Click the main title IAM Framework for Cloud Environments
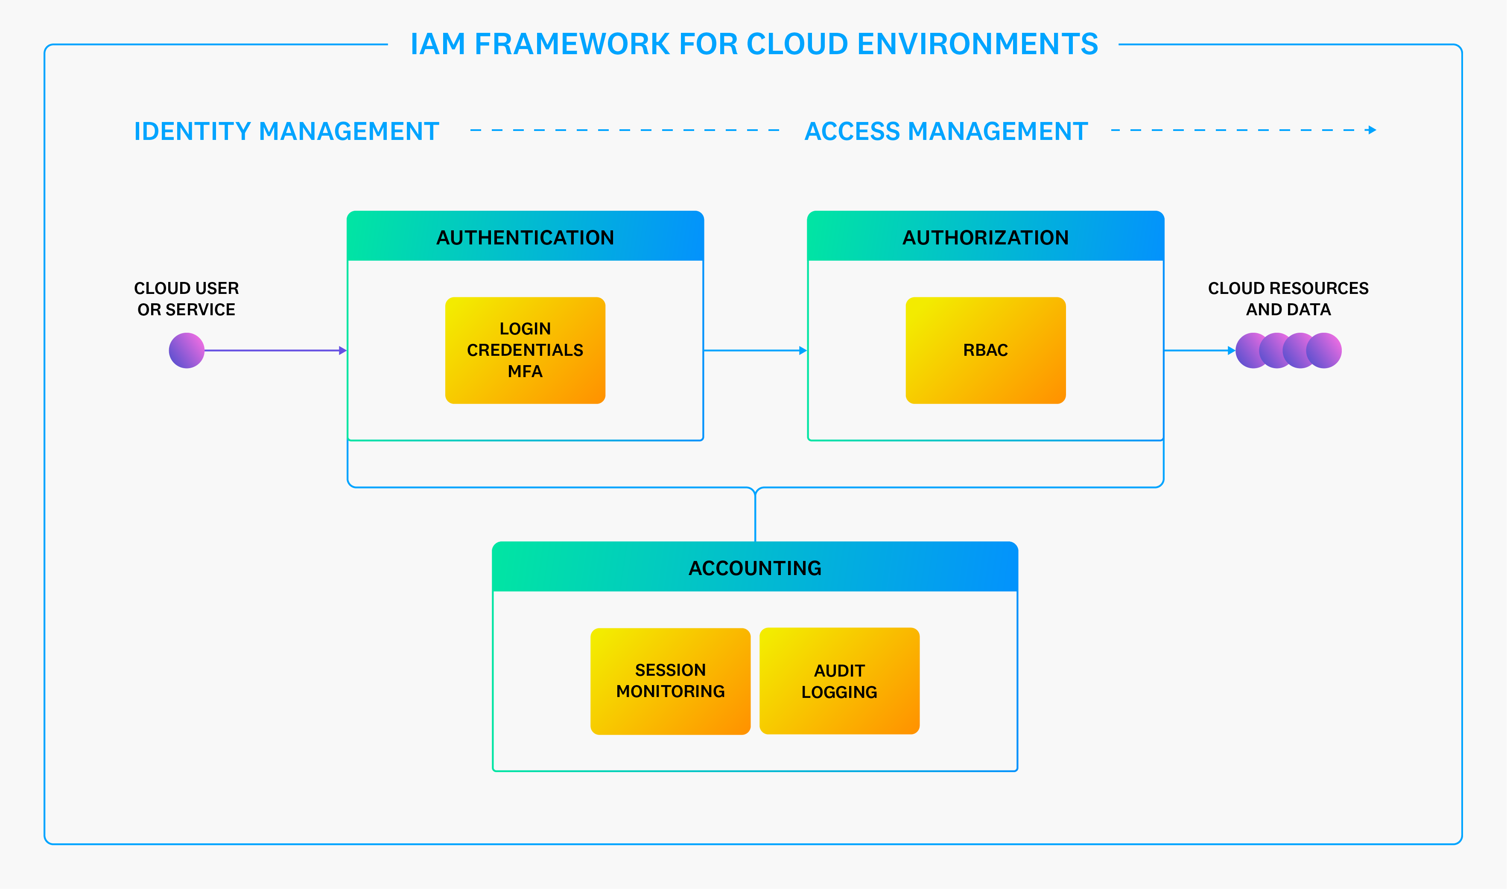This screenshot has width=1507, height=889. pyautogui.click(x=753, y=44)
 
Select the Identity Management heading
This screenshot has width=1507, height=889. pyautogui.click(x=286, y=131)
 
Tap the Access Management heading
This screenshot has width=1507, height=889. pyautogui.click(x=946, y=131)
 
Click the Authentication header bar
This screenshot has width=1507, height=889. pyautogui.click(x=525, y=237)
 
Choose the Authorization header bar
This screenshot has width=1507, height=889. pyautogui.click(x=985, y=237)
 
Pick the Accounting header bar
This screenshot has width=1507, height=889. pyautogui.click(x=755, y=567)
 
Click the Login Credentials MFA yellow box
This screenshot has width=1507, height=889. pyautogui.click(x=525, y=351)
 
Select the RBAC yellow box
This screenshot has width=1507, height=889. pyautogui.click(x=985, y=351)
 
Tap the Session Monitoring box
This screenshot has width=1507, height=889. pyautogui.click(x=670, y=681)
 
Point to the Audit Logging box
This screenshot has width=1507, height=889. pyautogui.click(x=839, y=681)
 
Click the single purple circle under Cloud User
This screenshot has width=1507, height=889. pyautogui.click(x=187, y=351)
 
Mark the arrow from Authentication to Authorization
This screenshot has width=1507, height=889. pyautogui.click(x=755, y=351)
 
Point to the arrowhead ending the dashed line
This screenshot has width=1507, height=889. pyautogui.click(x=1372, y=130)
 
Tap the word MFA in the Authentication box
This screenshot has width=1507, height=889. pyautogui.click(x=525, y=372)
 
